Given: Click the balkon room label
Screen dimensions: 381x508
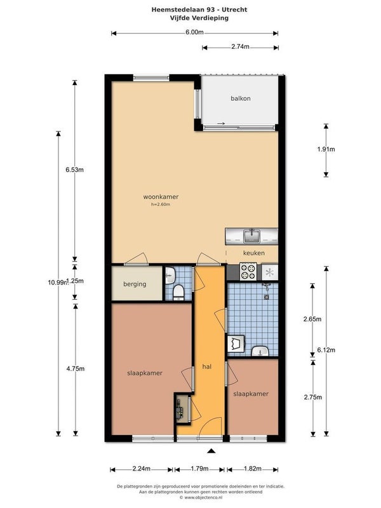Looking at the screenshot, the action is coord(241,98).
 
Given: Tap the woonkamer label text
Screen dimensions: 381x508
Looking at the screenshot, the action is coord(161,197).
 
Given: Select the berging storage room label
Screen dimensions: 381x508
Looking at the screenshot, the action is coord(135,284).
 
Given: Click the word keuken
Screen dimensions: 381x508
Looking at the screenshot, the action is coord(253,253).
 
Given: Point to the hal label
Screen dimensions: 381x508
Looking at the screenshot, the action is coord(207,366).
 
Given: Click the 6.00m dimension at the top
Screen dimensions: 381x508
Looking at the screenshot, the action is coord(194,32).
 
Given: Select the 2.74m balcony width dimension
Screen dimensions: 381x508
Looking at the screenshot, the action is coord(240,46).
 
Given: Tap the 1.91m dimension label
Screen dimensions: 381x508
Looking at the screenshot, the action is coord(326,149).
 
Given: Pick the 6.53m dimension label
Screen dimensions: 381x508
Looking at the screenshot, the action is coord(74,170).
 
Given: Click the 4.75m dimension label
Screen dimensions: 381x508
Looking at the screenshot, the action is coord(76,369).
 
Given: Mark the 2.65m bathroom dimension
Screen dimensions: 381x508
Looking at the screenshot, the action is coord(312,319).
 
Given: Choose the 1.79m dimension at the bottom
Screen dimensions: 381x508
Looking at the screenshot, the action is coord(199,469).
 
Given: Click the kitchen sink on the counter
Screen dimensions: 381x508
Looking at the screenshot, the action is coord(251,236).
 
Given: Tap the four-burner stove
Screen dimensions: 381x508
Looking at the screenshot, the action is coord(248,271).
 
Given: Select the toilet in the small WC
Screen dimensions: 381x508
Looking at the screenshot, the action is coord(178,292).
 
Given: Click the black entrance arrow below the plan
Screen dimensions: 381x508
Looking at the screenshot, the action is coord(211,450).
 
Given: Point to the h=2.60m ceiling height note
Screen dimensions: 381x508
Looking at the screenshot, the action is coord(161,204).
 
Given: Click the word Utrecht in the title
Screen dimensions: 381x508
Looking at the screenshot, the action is coord(234,10).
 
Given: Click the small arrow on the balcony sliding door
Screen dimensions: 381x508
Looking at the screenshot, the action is coord(221,123).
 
